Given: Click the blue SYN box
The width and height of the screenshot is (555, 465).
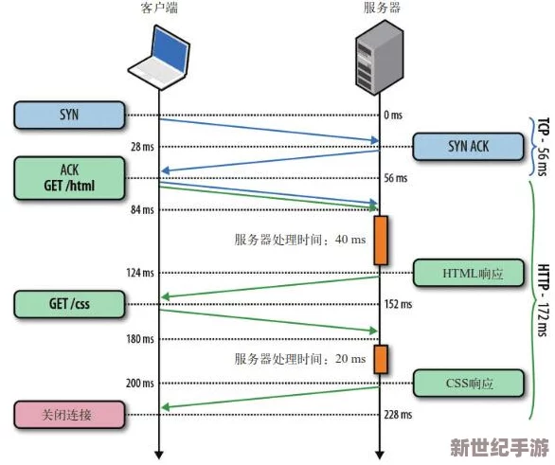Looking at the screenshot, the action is pos(69,115).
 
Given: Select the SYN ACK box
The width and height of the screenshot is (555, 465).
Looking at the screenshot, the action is pos(468,147).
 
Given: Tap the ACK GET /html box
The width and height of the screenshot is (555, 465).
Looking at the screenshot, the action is pos(69,178).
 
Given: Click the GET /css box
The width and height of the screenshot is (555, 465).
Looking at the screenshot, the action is pos(69,304).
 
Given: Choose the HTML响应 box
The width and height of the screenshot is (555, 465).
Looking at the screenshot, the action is pos(469,273).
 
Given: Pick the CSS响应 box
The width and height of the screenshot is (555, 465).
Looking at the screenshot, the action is pos(469,383).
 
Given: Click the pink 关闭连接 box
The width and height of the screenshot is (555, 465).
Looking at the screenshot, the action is pos(69,415).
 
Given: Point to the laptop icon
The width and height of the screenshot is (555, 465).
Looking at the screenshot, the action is pos(159,58).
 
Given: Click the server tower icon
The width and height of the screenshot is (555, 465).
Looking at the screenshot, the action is pos(380,57).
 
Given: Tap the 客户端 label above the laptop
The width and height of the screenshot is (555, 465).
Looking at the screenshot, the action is pos(159,8).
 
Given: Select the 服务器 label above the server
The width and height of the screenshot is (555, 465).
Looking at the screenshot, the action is pos(382,8).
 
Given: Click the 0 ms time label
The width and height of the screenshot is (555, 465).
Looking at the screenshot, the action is pos(393,115).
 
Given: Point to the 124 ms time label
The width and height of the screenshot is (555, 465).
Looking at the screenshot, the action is pos(140,273).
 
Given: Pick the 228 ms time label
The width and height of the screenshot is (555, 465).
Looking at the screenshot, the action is pos(398,415).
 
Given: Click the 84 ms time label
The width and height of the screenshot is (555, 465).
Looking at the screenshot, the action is pos(142,209).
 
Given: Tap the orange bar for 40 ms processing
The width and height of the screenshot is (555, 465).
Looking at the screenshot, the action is pos(381,241).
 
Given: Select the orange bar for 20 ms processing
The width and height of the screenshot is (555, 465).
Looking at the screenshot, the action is pos(381,359).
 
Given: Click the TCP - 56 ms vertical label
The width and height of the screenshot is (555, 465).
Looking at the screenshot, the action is pos(543,147).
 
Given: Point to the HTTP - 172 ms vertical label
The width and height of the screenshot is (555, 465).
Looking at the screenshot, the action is pos(543,300).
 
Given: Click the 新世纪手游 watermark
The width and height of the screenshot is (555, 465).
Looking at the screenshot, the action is pos(500,447).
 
